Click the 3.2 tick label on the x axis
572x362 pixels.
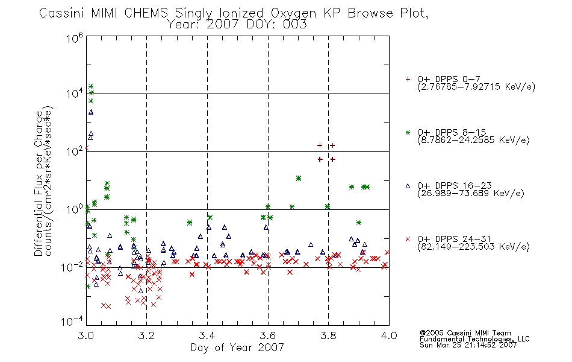(147, 335)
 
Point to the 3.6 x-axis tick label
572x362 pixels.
(268, 335)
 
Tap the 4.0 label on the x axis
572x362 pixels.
(389, 335)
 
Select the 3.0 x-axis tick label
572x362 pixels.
(86, 335)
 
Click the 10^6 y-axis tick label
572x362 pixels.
(75, 38)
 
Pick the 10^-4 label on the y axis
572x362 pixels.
(72, 321)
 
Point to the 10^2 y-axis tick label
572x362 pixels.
(75, 151)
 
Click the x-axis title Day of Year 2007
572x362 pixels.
(237, 348)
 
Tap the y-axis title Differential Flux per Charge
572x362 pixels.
(39, 183)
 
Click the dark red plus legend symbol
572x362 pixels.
(408, 79)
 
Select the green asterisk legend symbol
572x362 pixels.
(408, 133)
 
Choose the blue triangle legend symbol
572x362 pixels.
(408, 186)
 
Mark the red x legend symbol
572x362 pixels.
(408, 239)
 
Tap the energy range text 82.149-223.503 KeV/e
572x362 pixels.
(473, 247)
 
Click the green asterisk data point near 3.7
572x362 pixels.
(299, 179)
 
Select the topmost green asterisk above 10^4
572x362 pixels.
(91, 86)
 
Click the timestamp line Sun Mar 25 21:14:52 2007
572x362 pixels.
(468, 345)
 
